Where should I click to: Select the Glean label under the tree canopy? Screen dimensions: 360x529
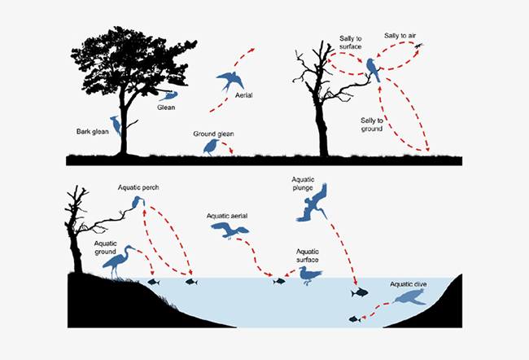click(165, 108)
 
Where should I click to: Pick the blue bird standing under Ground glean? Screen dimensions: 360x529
click(211, 147)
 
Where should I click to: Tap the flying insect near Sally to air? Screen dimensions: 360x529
click(418, 46)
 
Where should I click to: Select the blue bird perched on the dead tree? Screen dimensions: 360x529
click(373, 68)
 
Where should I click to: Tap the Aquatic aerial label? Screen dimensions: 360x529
click(227, 216)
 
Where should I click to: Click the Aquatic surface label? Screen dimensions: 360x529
click(307, 256)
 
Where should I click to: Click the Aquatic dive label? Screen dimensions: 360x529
click(408, 283)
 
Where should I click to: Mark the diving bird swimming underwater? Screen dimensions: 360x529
click(408, 301)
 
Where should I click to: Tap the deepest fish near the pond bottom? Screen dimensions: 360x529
click(354, 318)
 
